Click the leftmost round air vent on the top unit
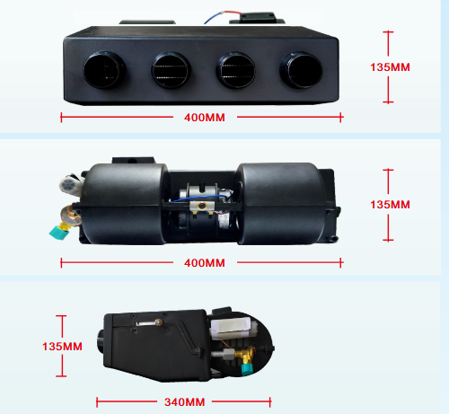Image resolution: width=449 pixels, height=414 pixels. tap(104, 70)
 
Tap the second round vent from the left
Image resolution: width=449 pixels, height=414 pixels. tap(171, 71)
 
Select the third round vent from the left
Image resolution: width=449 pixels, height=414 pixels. tap(236, 71)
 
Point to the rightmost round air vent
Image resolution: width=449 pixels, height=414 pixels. tap(301, 70)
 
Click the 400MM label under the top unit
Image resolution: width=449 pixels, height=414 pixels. tap(205, 118)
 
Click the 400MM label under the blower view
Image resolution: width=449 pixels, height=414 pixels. tap(205, 263)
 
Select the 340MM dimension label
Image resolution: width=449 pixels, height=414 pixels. tap(184, 402)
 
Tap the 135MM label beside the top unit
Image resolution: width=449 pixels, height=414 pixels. tap(390, 67)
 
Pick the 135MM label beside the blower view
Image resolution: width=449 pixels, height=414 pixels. tap(390, 205)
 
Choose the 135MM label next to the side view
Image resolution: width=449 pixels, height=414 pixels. tap(62, 347)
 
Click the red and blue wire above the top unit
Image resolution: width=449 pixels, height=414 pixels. tap(223, 17)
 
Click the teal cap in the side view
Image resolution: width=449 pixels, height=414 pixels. tap(248, 369)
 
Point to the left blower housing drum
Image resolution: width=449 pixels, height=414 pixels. tap(123, 204)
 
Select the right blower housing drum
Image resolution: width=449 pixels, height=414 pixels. tap(281, 204)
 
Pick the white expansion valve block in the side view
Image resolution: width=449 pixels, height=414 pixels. tap(232, 328)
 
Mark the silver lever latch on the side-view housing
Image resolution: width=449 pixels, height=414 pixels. tap(149, 322)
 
